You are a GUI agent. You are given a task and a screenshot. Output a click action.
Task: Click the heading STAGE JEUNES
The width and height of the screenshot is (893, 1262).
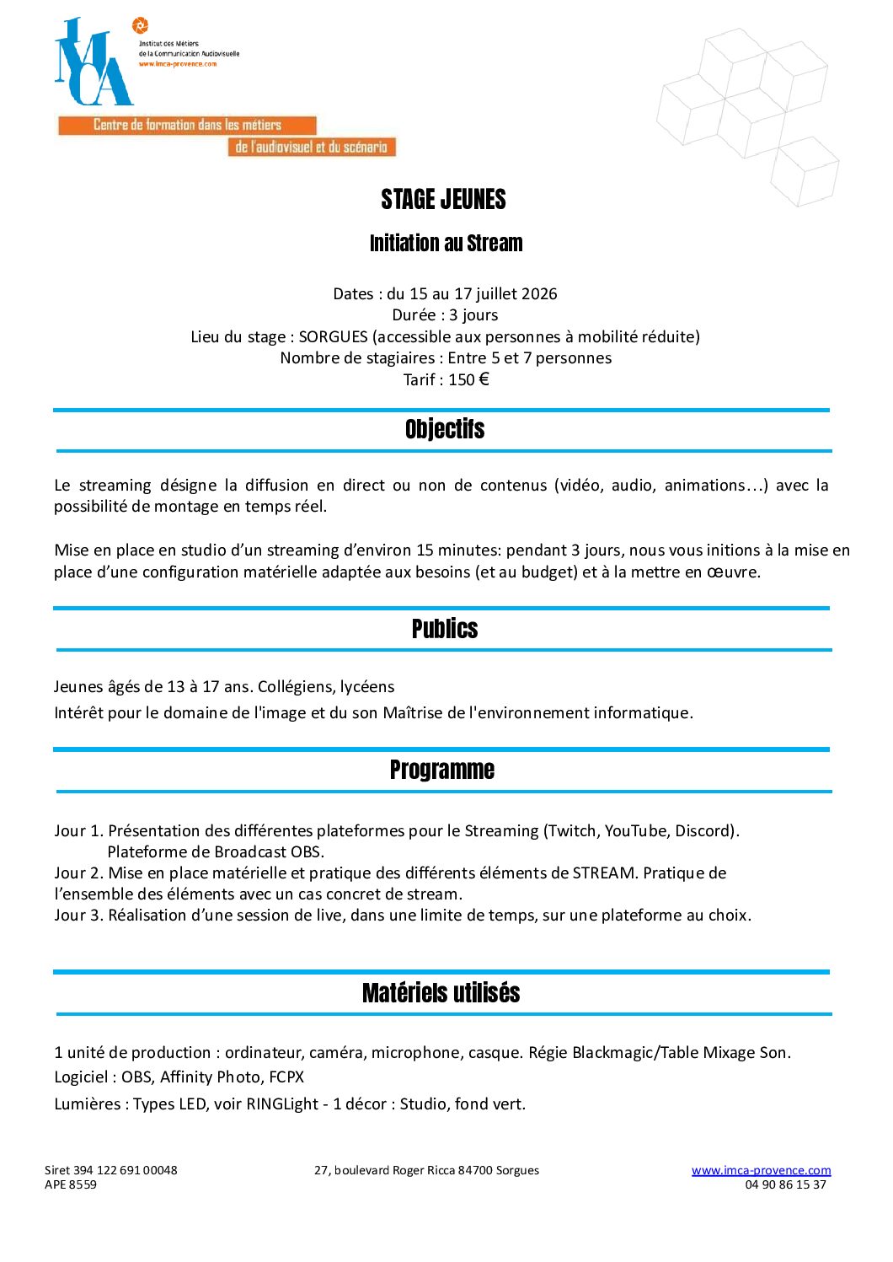(x=443, y=200)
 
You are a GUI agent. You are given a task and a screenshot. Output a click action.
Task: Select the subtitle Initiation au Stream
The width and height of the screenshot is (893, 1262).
(x=446, y=244)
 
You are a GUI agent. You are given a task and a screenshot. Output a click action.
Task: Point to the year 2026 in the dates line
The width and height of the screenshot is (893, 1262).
(x=539, y=294)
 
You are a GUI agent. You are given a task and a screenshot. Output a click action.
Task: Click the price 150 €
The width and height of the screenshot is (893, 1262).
(x=468, y=380)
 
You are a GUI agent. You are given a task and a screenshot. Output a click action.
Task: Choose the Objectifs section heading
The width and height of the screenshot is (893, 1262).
(x=444, y=430)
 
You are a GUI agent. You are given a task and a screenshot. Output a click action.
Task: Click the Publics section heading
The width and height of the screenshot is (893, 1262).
(x=444, y=629)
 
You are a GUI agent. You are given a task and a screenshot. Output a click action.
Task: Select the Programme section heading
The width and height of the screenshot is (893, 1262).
(x=441, y=770)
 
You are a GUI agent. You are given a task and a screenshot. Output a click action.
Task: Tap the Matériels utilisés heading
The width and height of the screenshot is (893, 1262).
(x=441, y=993)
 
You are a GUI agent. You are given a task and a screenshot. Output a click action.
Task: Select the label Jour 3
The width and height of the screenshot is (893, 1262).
(x=78, y=916)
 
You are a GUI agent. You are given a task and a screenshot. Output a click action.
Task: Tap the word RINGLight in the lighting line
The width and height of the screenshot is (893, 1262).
(x=282, y=1104)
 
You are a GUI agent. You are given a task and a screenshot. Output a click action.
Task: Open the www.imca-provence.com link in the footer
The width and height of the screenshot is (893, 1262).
(x=761, y=1170)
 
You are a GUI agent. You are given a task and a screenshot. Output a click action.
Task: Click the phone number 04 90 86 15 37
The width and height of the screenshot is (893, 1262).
(x=785, y=1184)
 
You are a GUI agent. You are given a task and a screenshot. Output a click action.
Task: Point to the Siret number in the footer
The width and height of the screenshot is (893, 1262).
(x=111, y=1170)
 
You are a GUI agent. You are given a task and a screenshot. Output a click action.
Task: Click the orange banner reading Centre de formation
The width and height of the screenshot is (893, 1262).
(x=187, y=126)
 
